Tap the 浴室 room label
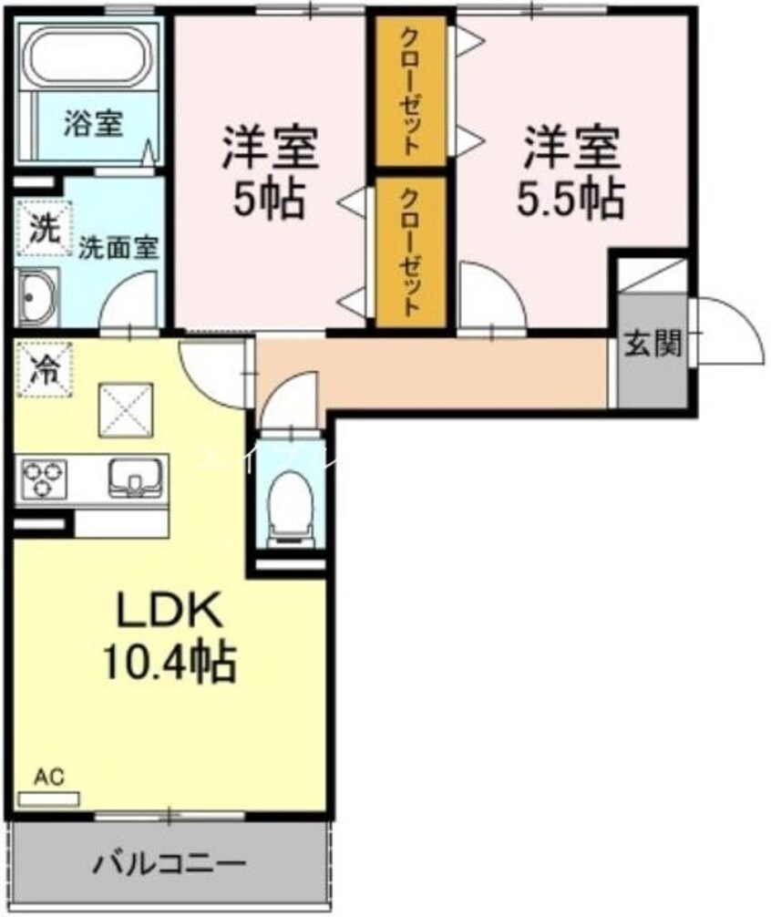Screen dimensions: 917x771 [x=93, y=123]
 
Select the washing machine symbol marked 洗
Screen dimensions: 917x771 [x=37, y=228]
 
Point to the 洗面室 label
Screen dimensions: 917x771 [x=118, y=247]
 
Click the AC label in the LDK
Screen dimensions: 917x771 [x=49, y=778]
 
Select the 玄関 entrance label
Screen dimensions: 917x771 [x=653, y=344]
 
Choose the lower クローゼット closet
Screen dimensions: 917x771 [x=411, y=251]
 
